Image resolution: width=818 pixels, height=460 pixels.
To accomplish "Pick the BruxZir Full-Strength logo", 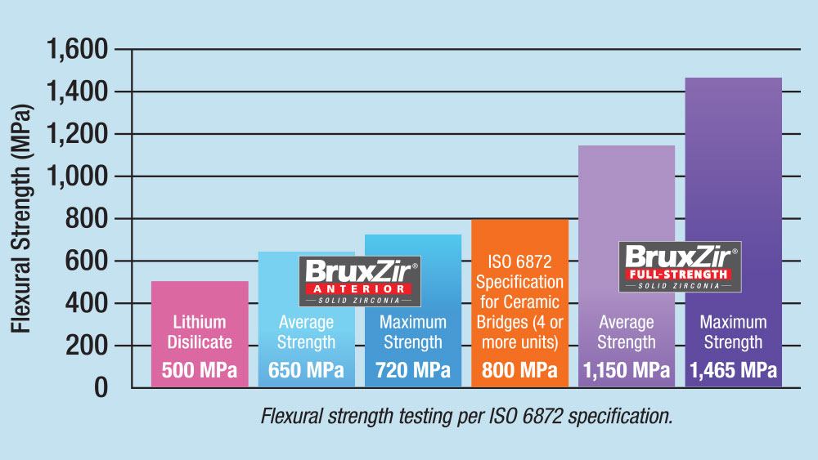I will coord(679,266).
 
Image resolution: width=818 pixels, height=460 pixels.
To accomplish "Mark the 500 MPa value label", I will coord(200,371).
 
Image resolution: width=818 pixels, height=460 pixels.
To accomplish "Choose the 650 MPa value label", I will coord(306,371).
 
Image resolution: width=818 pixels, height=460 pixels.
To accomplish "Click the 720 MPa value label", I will coord(413,371).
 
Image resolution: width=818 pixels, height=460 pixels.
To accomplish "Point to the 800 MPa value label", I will coord(519,371).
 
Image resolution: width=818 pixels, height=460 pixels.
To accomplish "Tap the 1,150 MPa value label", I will coord(627,371).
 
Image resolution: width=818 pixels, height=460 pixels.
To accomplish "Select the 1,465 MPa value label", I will coord(733,371).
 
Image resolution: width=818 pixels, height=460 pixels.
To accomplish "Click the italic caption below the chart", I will coord(466,417).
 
